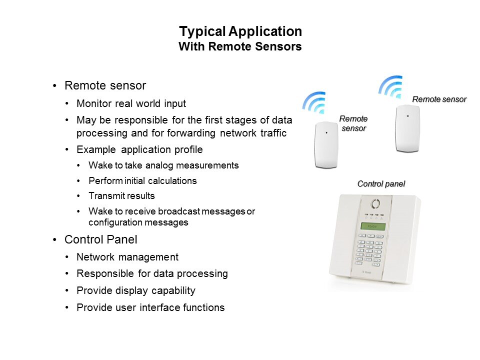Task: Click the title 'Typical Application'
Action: pyautogui.click(x=240, y=31)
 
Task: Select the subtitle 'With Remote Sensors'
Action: pyautogui.click(x=240, y=46)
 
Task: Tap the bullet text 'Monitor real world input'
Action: pyautogui.click(x=131, y=103)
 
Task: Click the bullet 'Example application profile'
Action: pyautogui.click(x=139, y=149)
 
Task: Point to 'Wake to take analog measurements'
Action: pyautogui.click(x=163, y=165)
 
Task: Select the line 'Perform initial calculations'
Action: pyautogui.click(x=142, y=180)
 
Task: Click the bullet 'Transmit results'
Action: pyautogui.click(x=121, y=195)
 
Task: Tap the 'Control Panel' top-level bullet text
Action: pyautogui.click(x=100, y=239)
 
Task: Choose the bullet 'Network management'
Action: pyautogui.click(x=127, y=257)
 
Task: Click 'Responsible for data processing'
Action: pyautogui.click(x=152, y=273)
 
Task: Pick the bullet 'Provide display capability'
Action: pyautogui.click(x=136, y=290)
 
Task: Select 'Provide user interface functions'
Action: pyautogui.click(x=150, y=307)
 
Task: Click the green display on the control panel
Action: pyautogui.click(x=373, y=226)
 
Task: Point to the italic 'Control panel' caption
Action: pyautogui.click(x=381, y=183)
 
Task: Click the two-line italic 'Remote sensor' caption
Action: pyautogui.click(x=353, y=123)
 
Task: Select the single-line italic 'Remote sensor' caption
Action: pyautogui.click(x=439, y=99)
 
